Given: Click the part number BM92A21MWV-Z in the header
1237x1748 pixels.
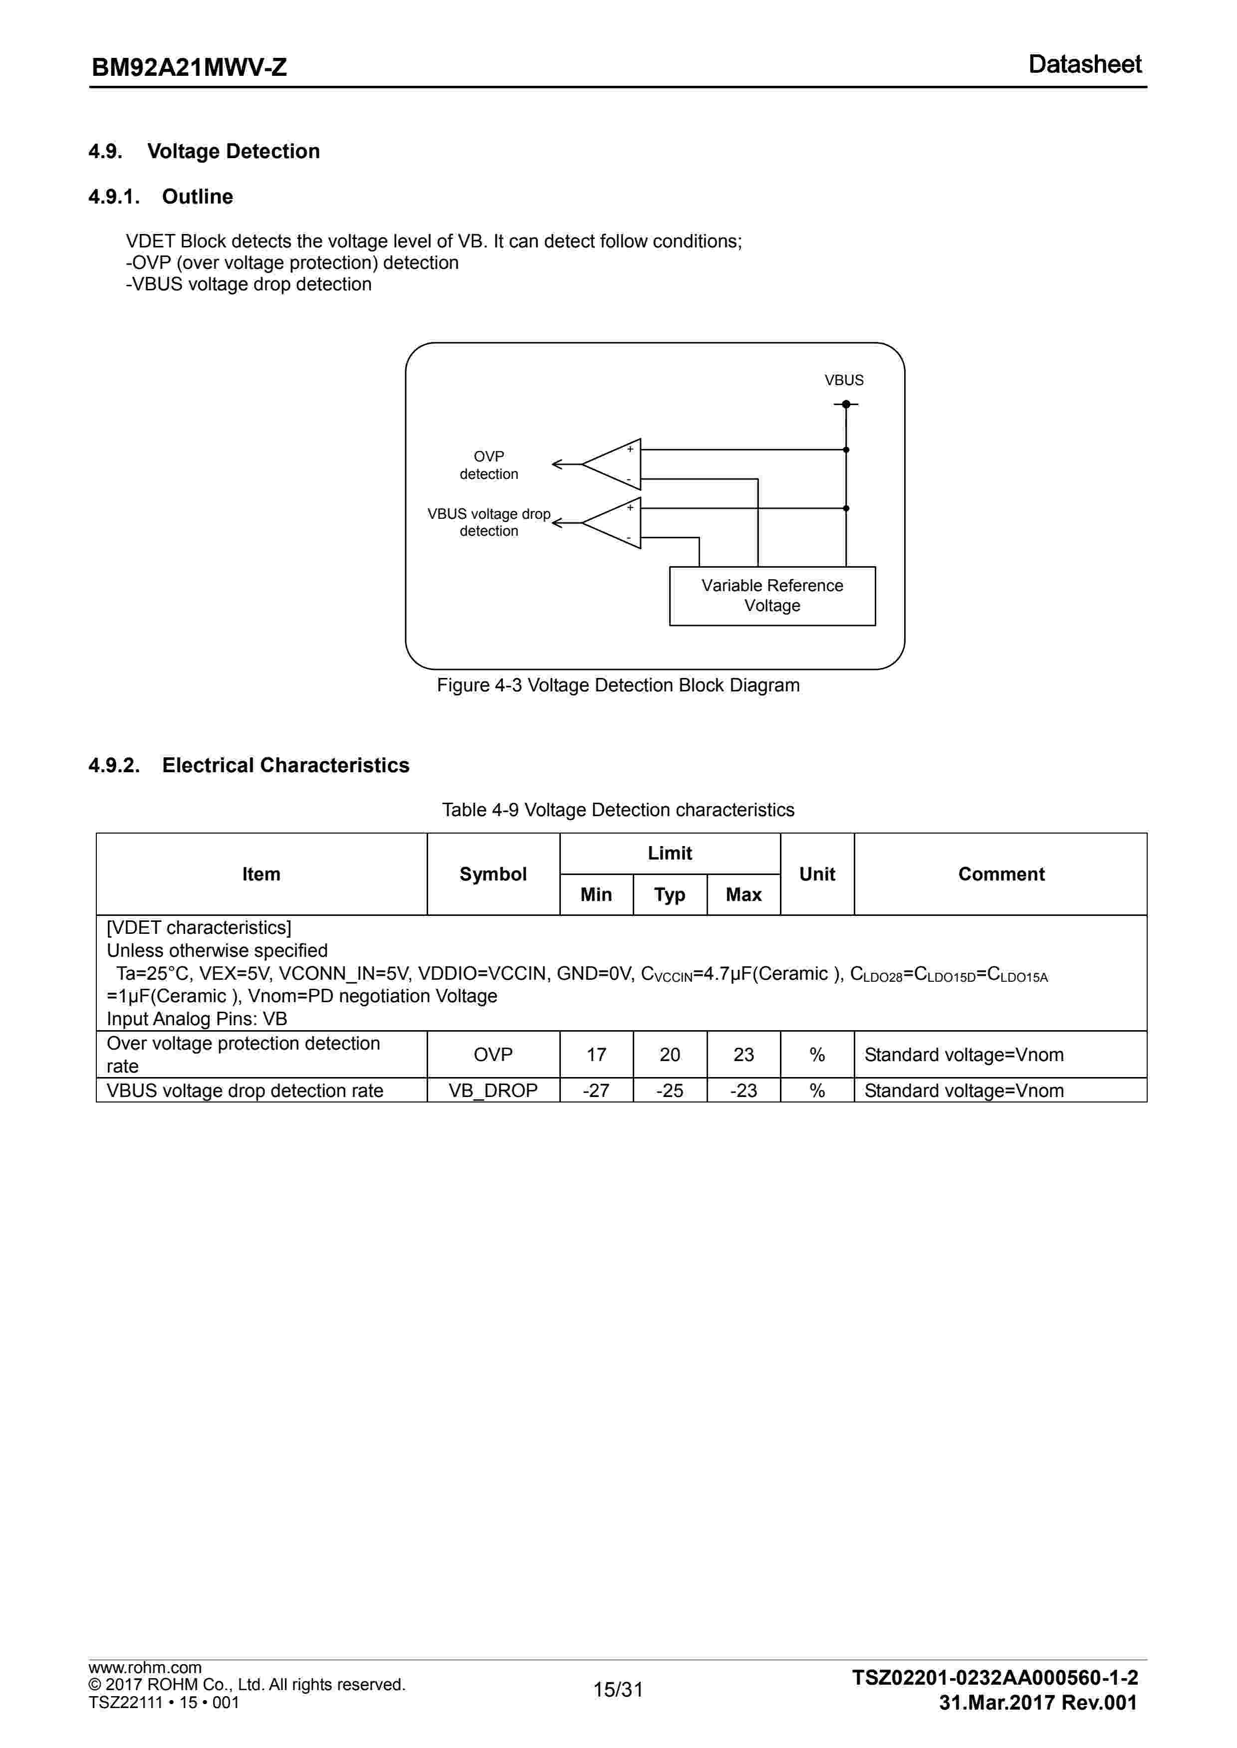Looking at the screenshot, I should coord(189,68).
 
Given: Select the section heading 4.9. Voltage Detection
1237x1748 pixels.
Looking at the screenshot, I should coord(204,152).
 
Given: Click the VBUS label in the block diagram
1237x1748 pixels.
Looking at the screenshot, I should coord(843,380).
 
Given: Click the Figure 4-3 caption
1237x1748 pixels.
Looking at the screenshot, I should coord(618,685).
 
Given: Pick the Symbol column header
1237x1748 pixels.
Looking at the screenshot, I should coord(493,874).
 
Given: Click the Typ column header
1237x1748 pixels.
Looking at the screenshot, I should coord(670,894).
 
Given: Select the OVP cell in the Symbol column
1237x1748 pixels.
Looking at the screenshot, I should coord(493,1055).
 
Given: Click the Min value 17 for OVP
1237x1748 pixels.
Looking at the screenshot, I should coord(596,1055).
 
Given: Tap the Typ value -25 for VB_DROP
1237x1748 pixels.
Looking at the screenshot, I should coord(670,1090).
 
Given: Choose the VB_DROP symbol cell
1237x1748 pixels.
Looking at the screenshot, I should coord(493,1090).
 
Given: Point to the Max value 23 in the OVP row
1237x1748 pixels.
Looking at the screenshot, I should coord(743,1055).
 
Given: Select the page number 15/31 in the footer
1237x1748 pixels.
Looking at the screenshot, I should coord(618,1689).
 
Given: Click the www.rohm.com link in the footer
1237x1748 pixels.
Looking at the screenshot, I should coord(145,1667).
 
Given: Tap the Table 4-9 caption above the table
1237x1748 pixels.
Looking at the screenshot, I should coord(618,810).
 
